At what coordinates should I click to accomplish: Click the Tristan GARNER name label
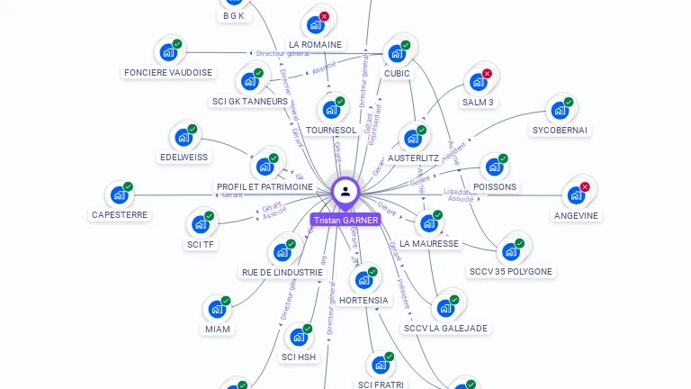(x=345, y=220)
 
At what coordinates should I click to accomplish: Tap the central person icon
(x=345, y=192)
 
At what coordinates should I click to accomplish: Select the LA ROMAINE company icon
(x=315, y=24)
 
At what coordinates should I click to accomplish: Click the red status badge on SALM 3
(x=488, y=74)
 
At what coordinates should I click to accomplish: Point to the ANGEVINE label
(x=576, y=215)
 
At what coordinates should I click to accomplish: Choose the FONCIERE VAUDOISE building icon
(x=168, y=52)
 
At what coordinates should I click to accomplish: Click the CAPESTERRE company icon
(x=119, y=194)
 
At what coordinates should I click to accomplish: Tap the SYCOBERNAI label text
(x=560, y=130)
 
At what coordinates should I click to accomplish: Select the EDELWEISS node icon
(x=184, y=137)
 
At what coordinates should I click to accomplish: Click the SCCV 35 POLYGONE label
(x=511, y=271)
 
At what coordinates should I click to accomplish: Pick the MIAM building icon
(x=217, y=309)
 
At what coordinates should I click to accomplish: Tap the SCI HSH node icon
(x=298, y=337)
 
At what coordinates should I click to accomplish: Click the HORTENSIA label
(x=363, y=300)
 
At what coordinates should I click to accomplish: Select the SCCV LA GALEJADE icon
(x=444, y=308)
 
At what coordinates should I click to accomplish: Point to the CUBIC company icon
(x=396, y=53)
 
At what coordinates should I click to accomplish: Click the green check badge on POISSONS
(x=503, y=158)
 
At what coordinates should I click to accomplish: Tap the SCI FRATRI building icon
(x=381, y=365)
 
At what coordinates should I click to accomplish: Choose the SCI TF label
(x=201, y=244)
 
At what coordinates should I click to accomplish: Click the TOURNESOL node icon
(x=331, y=110)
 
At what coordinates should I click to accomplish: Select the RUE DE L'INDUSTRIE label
(x=282, y=272)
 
